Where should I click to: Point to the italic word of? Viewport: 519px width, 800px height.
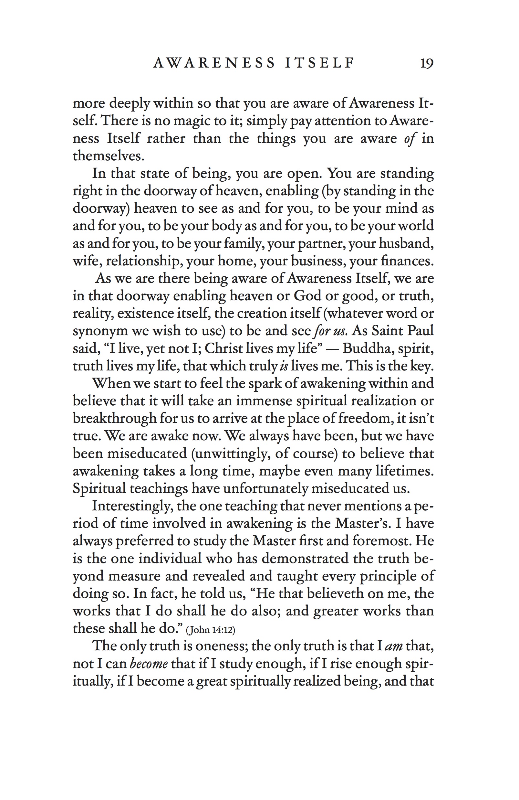tap(410, 138)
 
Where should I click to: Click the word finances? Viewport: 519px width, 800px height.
tap(407, 261)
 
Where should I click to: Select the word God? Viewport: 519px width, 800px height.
tap(307, 296)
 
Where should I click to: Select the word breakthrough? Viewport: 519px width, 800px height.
tap(115, 419)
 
